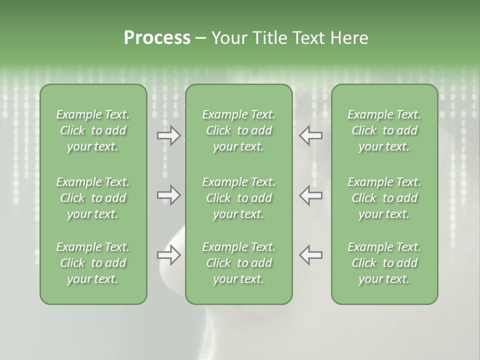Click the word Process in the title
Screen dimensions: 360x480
[x=157, y=38]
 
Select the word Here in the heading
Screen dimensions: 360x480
[x=349, y=38]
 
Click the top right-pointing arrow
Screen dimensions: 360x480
[x=169, y=135]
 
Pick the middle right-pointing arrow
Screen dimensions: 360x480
[x=169, y=195]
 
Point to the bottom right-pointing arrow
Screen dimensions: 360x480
[x=169, y=255]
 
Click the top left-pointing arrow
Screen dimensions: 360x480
[x=310, y=135]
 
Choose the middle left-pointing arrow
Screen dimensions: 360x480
[x=310, y=195]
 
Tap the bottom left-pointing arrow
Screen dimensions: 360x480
[x=310, y=255]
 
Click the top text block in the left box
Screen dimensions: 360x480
[x=93, y=130]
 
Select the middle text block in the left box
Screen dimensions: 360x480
[x=93, y=198]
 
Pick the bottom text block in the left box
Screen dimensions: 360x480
[x=93, y=263]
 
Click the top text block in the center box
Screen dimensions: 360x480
[x=239, y=130]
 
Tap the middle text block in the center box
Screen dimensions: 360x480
[x=239, y=198]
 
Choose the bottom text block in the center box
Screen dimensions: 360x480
[x=239, y=263]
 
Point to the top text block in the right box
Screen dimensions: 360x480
[x=384, y=130]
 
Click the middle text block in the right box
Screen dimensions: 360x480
[x=384, y=198]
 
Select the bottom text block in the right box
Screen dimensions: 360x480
[x=384, y=263]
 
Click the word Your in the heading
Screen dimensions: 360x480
[x=229, y=38]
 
